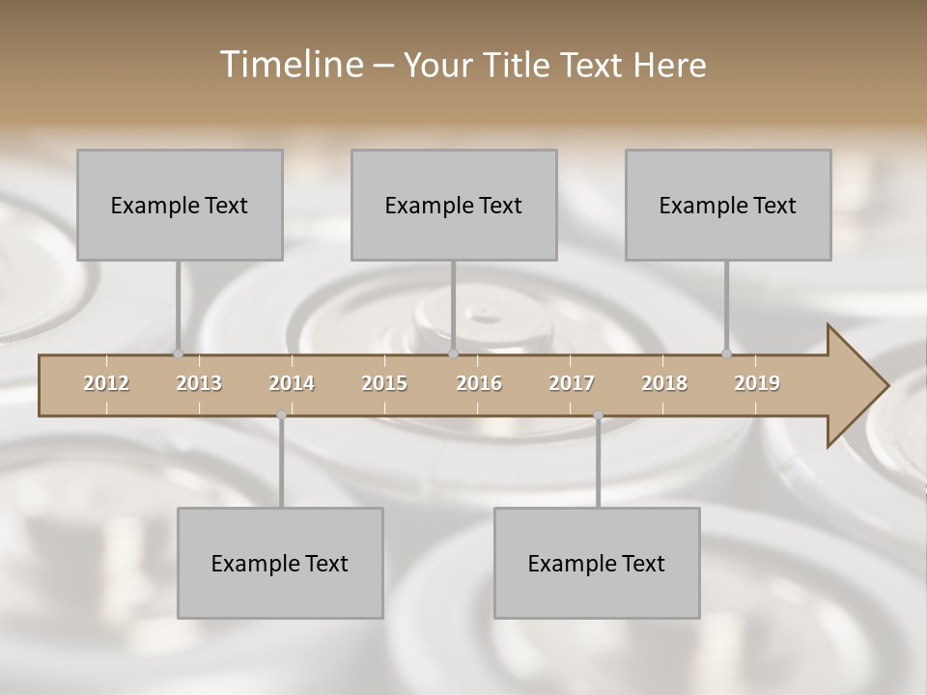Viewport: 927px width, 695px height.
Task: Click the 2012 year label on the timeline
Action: [106, 383]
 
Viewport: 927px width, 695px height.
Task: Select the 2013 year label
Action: [199, 383]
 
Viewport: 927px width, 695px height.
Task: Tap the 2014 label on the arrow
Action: [292, 383]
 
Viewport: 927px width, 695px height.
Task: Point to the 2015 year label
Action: [384, 383]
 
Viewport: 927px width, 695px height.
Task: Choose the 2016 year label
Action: [479, 383]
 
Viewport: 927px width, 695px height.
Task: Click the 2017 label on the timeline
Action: [572, 383]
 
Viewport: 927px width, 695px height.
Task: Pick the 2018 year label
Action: [664, 383]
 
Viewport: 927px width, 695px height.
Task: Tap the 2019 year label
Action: [757, 383]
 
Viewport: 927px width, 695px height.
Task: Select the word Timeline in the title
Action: [290, 65]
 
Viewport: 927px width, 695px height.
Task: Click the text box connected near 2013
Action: [180, 205]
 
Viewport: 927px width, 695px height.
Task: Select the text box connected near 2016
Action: [454, 205]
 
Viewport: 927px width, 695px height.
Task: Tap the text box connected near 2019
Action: [728, 205]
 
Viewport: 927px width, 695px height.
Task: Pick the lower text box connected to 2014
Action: [280, 563]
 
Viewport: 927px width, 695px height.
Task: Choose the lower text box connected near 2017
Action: [597, 563]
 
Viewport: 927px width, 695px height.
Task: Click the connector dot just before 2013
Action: [178, 353]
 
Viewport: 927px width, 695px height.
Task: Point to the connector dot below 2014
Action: [281, 415]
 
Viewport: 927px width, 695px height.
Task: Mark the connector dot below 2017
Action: [598, 415]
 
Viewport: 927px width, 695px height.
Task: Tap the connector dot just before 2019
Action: [726, 353]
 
